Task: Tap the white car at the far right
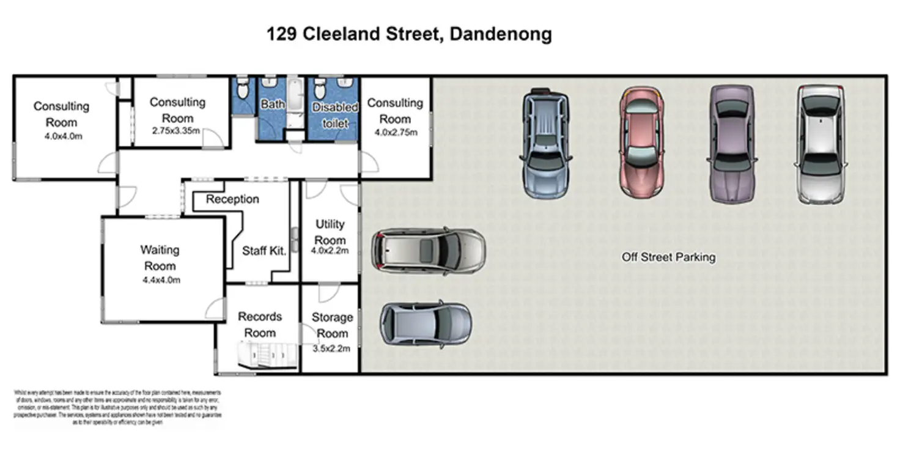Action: (821, 144)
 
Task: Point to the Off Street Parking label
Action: (668, 257)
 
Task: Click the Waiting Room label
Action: (160, 258)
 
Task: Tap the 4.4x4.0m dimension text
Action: (161, 281)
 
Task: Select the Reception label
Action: (232, 199)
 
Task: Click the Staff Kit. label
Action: (264, 251)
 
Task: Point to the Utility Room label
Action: (330, 232)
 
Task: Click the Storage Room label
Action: (332, 325)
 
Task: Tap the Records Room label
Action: (260, 325)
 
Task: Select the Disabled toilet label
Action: (335, 115)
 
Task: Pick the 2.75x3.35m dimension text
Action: (177, 131)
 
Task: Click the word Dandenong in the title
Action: (500, 34)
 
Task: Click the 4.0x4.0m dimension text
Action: (62, 136)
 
